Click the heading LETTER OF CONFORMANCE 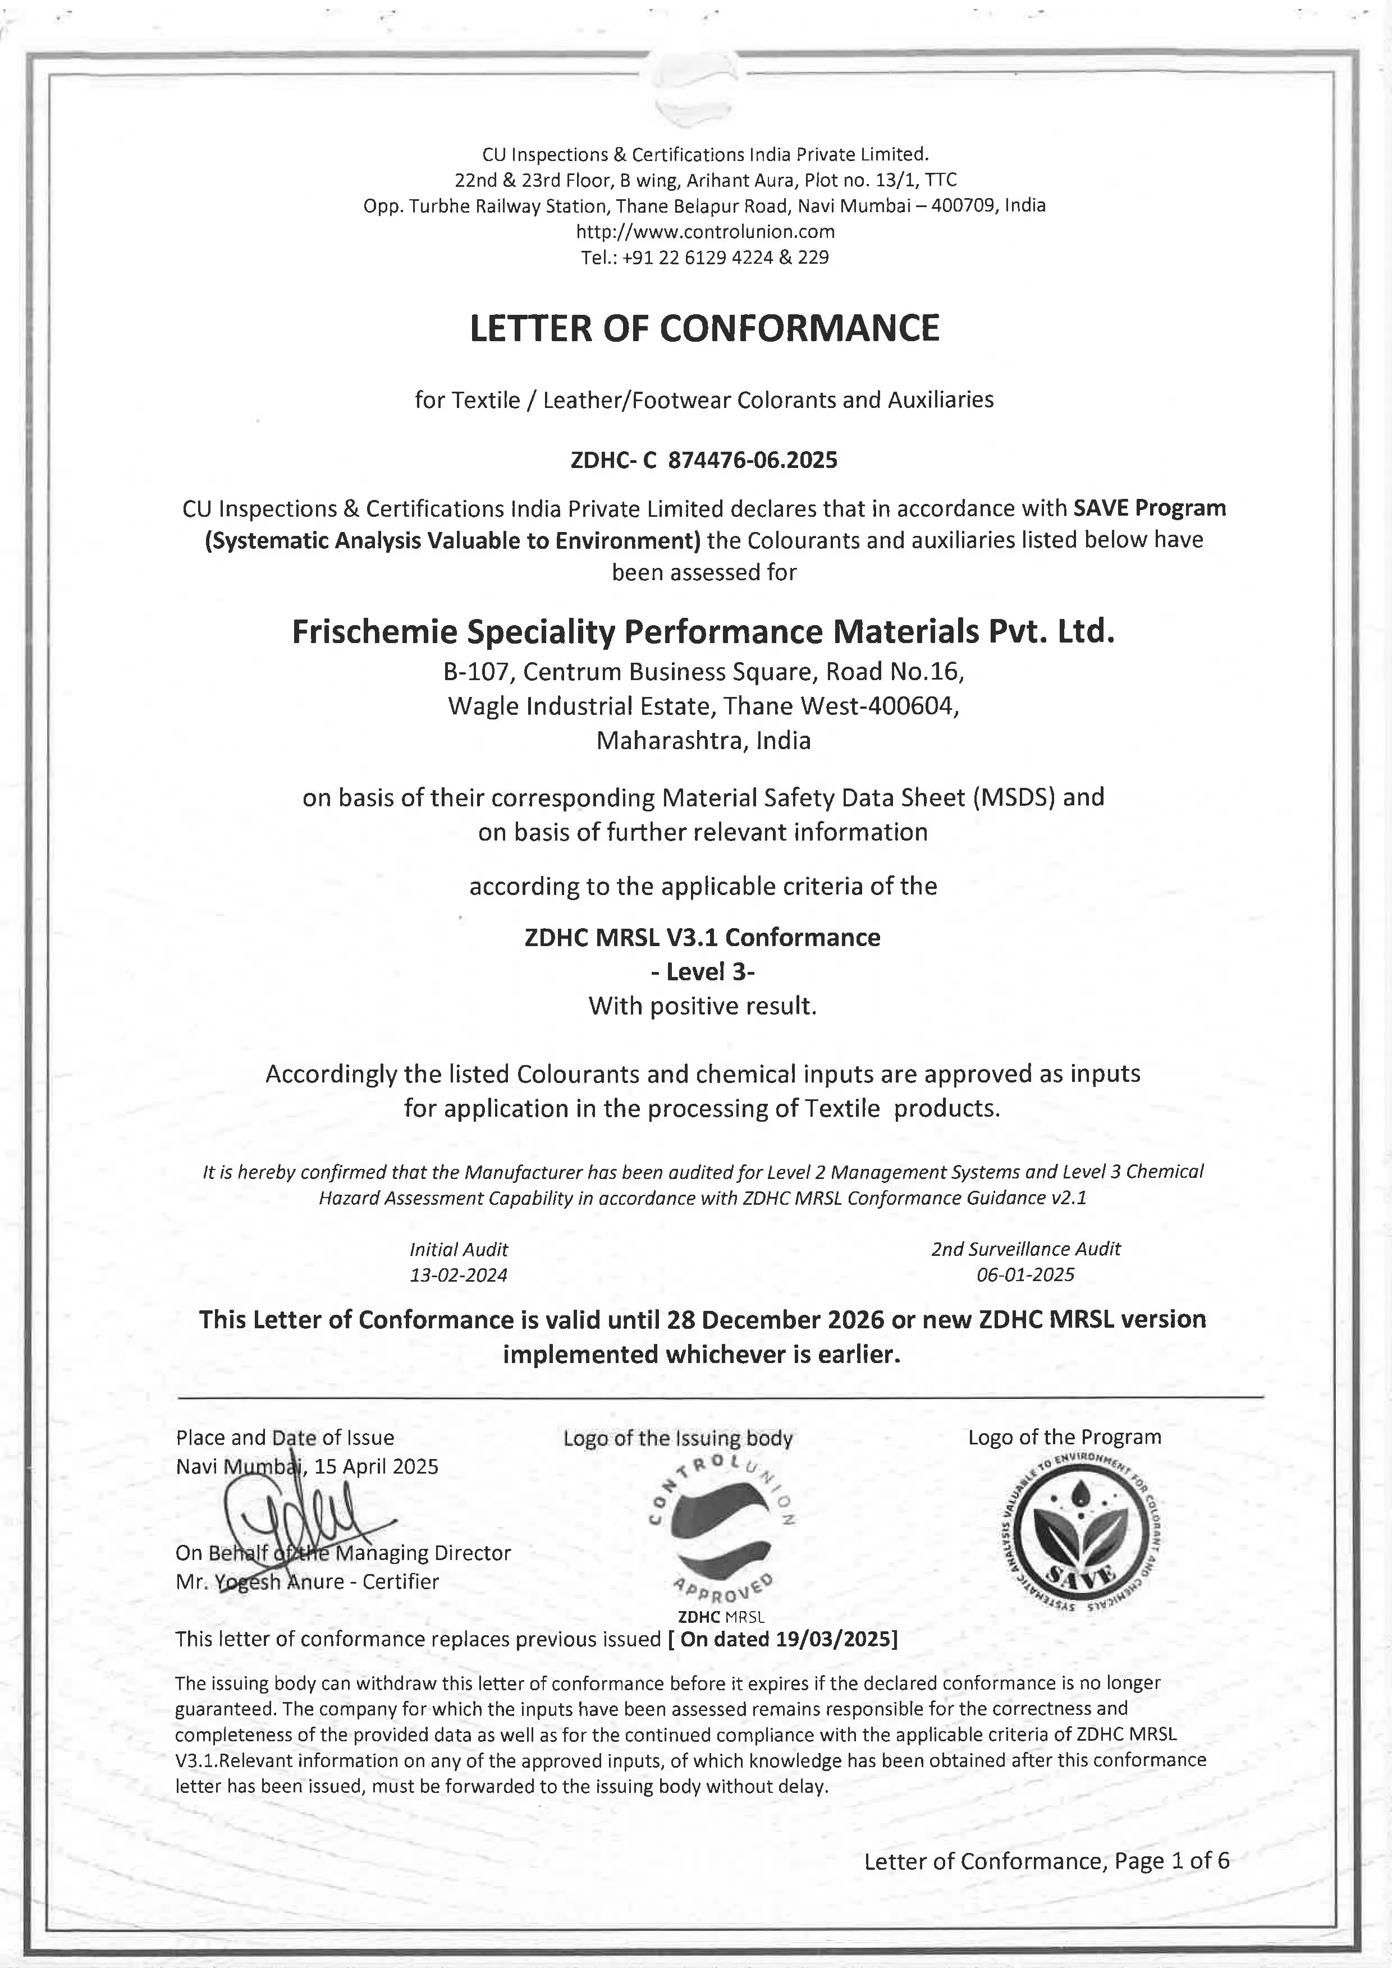(704, 328)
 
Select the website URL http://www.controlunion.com (704, 231)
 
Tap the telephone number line (704, 257)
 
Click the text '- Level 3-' (703, 972)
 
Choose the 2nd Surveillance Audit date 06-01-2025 (1025, 1274)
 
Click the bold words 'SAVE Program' (1148, 508)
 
